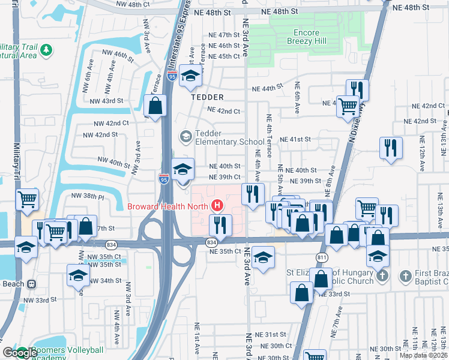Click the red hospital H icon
coord(217,206)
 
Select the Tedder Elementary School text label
coord(222,137)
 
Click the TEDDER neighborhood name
coord(207,97)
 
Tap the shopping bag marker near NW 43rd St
coord(155,106)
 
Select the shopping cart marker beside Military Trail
coord(28,199)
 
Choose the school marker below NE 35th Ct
coord(263,257)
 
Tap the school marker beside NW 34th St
coord(78,275)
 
